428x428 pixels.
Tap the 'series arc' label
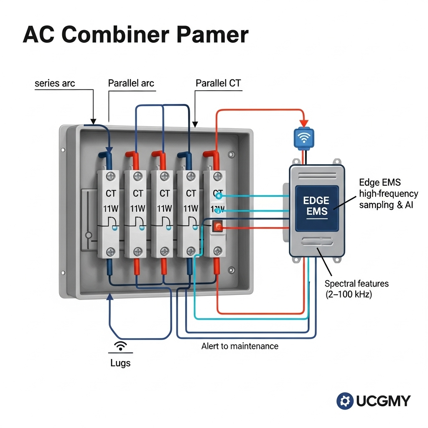coord(55,83)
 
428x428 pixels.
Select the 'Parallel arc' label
coord(131,83)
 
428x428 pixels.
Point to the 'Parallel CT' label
coord(218,83)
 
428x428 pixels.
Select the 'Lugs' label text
coord(120,363)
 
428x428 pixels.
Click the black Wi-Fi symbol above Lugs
coord(121,346)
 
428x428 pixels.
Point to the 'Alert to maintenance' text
coord(239,346)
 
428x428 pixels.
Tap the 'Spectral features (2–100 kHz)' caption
coord(356,289)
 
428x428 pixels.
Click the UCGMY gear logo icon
coord(345,401)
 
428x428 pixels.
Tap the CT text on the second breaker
coord(138,194)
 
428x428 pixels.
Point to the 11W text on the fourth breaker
coord(191,208)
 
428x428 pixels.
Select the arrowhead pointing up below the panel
coord(110,297)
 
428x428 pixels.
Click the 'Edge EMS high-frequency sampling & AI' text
coord(388,194)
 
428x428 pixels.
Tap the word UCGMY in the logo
coord(383,401)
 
